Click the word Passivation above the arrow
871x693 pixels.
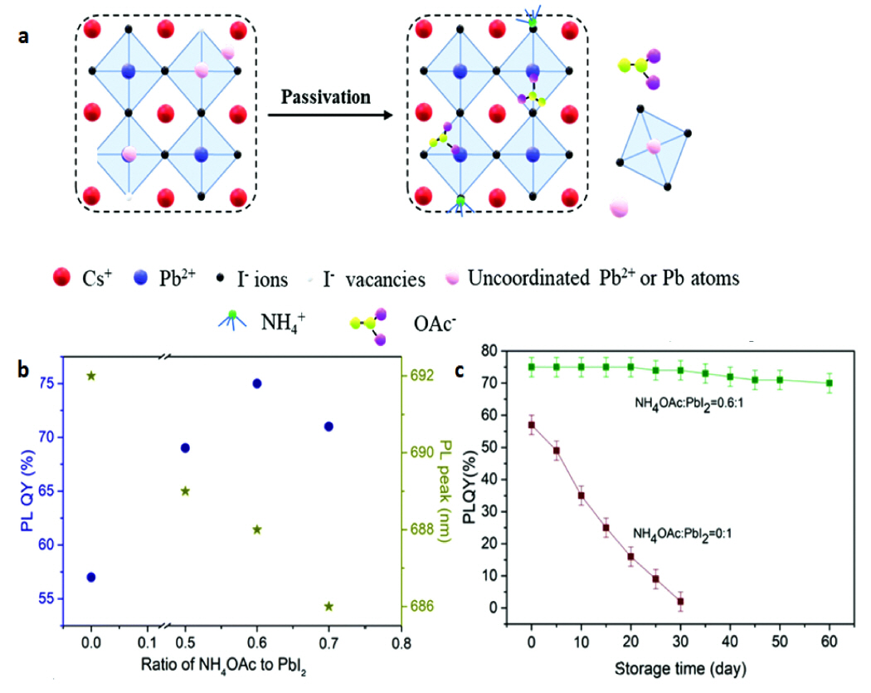coord(325,97)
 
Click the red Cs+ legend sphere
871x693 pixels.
coord(60,278)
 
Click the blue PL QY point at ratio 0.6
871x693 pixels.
coord(257,383)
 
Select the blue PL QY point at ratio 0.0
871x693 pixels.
coord(91,577)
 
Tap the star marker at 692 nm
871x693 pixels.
coord(91,375)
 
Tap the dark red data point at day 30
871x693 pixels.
coord(681,601)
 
